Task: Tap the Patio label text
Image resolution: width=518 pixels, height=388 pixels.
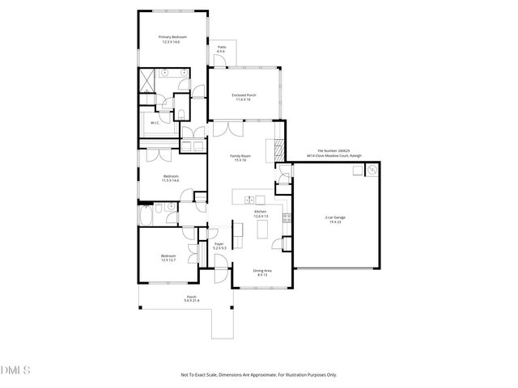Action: pos(221,49)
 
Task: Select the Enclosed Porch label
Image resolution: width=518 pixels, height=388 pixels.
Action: pos(241,97)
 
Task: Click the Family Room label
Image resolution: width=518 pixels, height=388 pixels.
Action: pos(240,158)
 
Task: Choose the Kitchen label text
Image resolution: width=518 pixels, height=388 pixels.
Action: pos(260,213)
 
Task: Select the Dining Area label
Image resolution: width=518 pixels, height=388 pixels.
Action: pos(261,272)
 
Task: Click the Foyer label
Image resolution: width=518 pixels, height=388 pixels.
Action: pos(219,245)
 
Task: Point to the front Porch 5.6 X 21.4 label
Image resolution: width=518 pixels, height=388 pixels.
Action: pos(192,298)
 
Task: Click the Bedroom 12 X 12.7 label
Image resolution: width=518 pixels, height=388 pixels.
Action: pos(168,258)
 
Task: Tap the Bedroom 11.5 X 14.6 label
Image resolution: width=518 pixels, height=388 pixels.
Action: pos(171,178)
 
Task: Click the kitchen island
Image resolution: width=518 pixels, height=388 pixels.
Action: pos(262,231)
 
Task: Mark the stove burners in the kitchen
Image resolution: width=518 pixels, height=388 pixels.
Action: pos(286,217)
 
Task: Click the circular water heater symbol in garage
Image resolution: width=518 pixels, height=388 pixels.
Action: pos(372,171)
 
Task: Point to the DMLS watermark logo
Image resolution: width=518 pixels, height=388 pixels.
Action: pos(16,370)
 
